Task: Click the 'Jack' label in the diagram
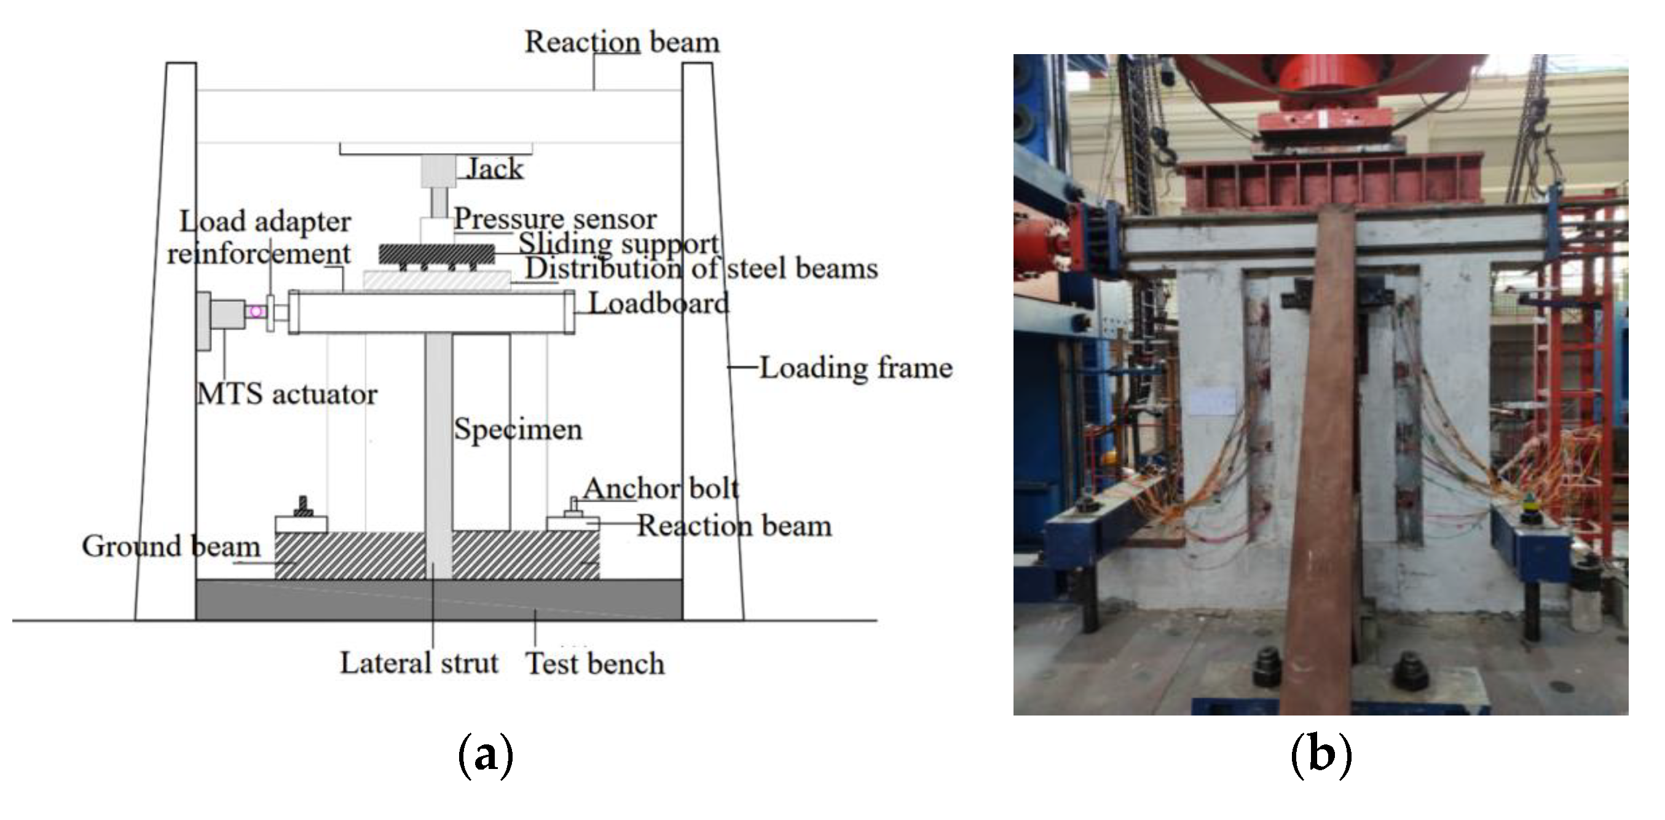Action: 494,168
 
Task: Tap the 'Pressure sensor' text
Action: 555,218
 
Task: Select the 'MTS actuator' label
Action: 287,393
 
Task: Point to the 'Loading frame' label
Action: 855,368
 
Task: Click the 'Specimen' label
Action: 518,429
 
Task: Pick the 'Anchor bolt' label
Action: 661,489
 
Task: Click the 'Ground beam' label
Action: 171,546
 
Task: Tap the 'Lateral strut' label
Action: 419,663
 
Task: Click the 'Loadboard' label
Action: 659,303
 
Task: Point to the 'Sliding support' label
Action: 618,243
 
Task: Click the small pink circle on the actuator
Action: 256,312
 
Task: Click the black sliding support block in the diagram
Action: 437,254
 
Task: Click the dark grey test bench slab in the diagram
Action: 439,601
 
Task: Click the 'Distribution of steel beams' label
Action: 701,268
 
